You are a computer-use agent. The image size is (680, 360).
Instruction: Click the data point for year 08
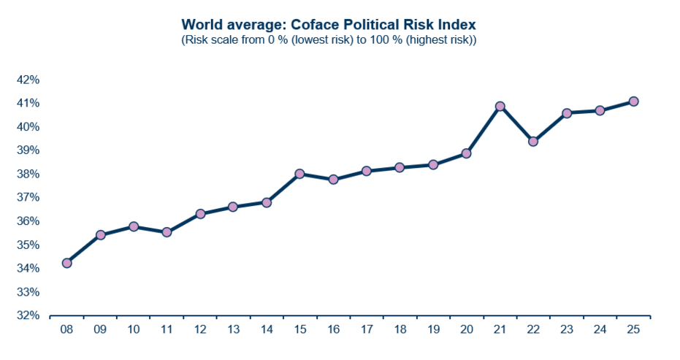[x=66, y=263]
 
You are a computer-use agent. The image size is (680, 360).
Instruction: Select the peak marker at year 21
[x=500, y=107]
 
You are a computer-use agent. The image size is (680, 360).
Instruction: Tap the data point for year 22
[x=533, y=142]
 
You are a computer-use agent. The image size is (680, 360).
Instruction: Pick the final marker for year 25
[x=633, y=102]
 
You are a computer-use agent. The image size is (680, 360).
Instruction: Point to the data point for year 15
[x=300, y=174]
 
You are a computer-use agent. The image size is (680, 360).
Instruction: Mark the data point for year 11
[x=167, y=232]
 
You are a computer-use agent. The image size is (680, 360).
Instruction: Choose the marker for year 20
[x=467, y=154]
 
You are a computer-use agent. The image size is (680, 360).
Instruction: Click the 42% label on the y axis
[x=27, y=80]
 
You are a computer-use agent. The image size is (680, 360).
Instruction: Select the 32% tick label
[x=27, y=315]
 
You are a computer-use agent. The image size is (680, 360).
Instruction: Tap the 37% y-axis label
[x=27, y=198]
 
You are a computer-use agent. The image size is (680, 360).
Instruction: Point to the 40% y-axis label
[x=27, y=127]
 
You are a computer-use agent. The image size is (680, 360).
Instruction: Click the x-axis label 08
[x=66, y=329]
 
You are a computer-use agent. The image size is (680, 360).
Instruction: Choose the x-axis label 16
[x=333, y=329]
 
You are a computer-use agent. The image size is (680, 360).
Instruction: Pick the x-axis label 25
[x=633, y=329]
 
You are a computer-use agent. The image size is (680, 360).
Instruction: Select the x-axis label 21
[x=500, y=329]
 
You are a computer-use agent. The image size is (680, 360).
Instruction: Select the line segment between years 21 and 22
[x=517, y=124]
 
